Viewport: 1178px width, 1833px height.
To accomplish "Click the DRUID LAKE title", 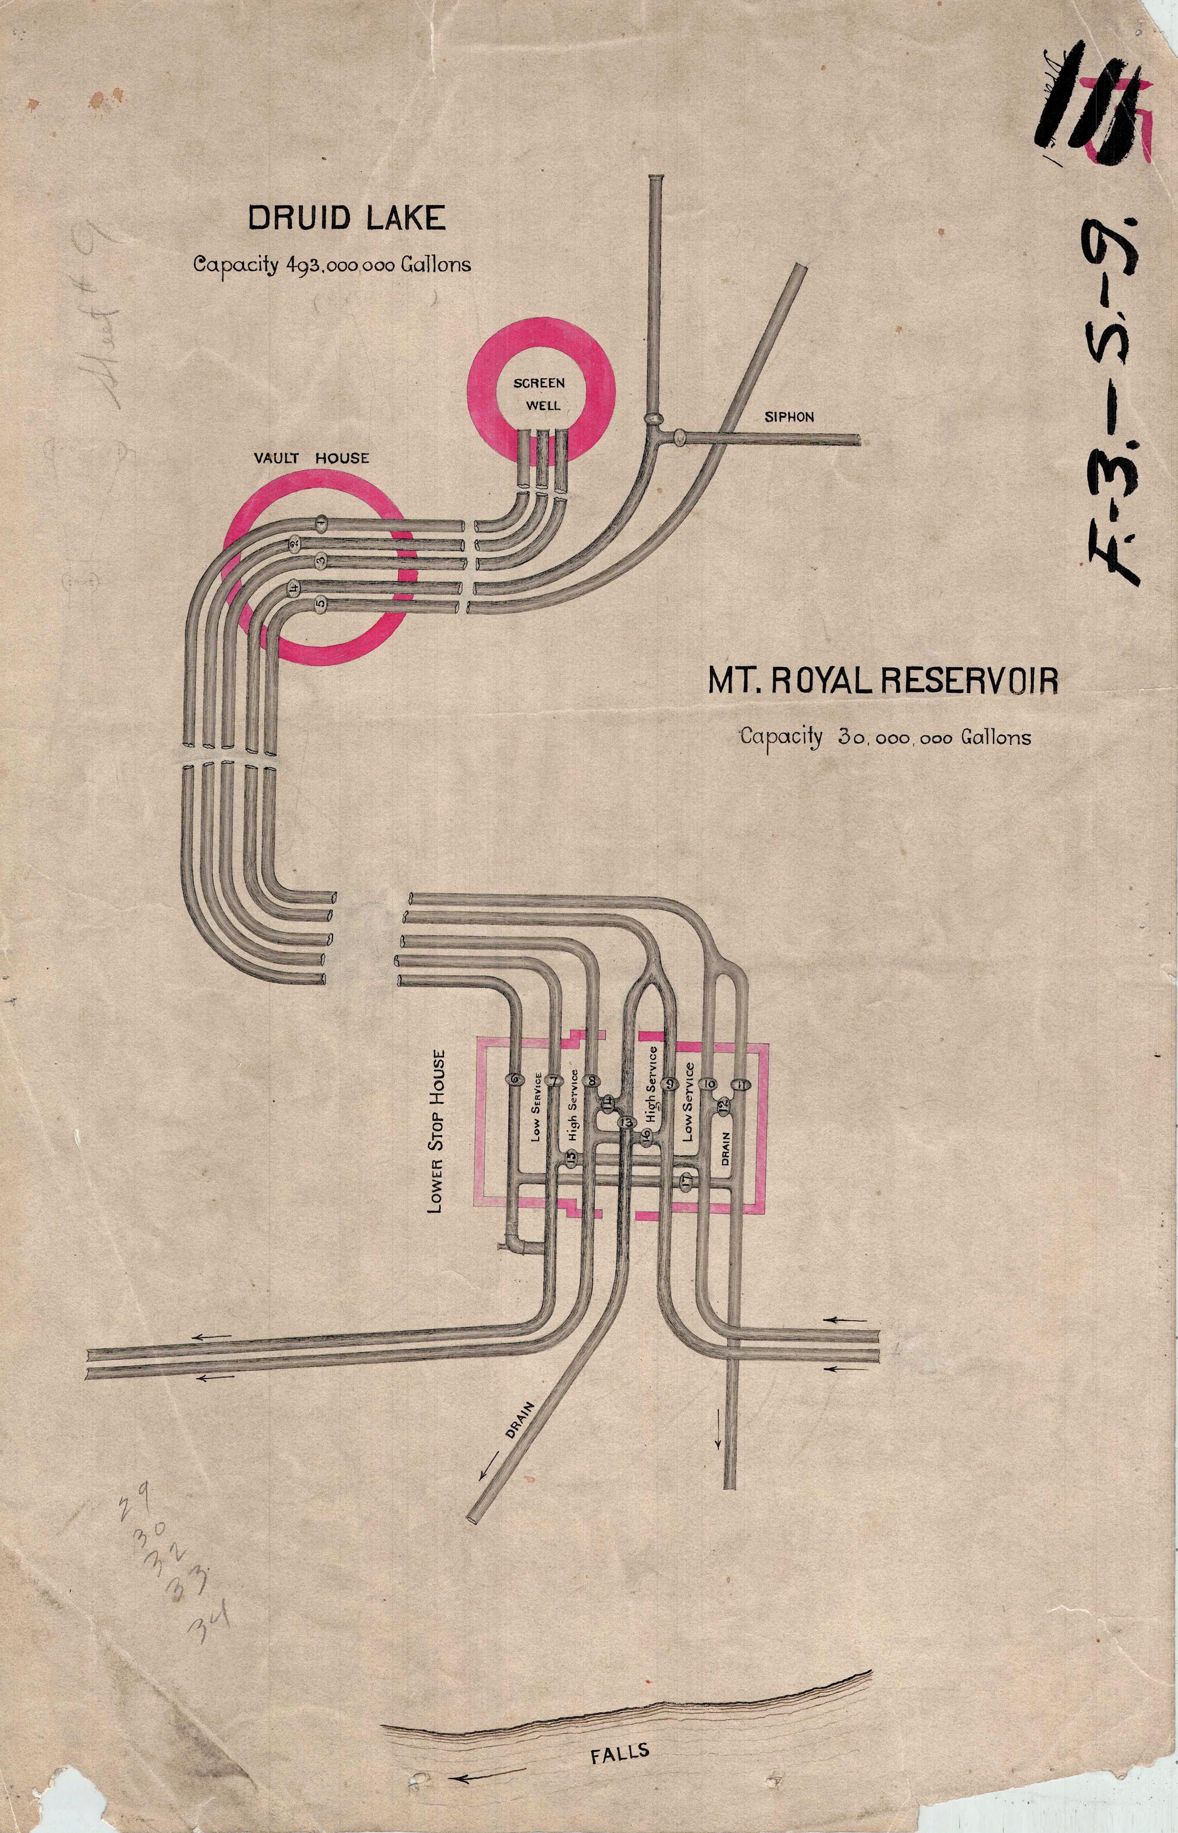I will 346,219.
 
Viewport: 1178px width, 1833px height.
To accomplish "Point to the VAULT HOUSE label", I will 312,458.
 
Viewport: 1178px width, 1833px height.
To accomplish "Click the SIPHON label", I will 789,417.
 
